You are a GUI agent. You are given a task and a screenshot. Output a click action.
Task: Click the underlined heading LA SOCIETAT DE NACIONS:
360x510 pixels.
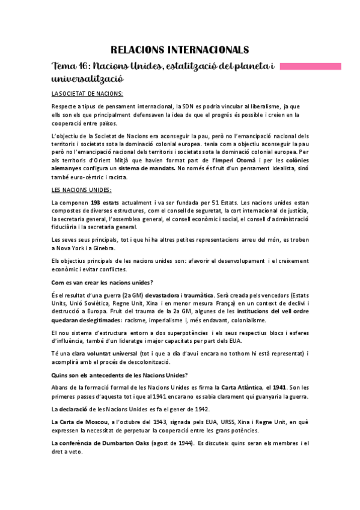[87, 93]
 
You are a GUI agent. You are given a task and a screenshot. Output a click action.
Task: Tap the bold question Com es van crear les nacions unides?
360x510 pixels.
[102, 282]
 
